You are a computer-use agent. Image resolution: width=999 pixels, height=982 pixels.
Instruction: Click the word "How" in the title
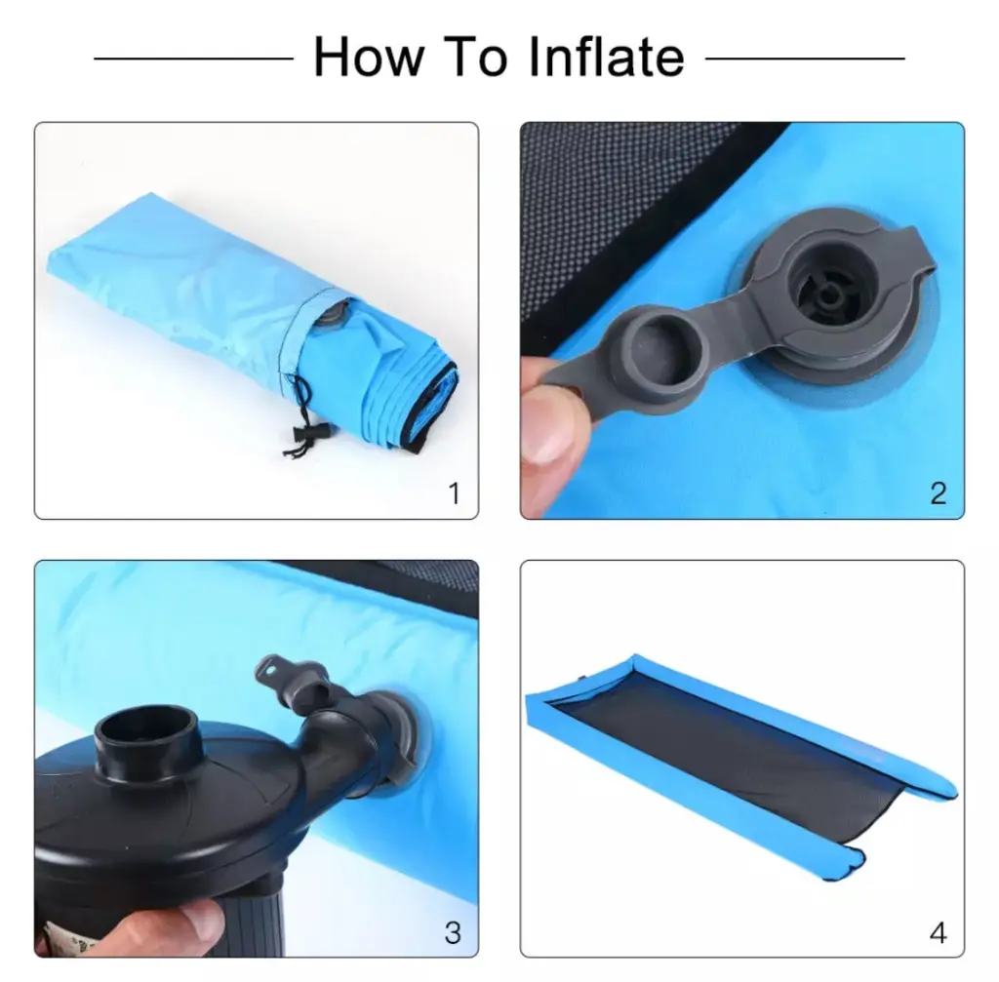pos(369,58)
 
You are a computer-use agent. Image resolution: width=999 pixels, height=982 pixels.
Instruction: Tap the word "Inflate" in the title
pos(607,58)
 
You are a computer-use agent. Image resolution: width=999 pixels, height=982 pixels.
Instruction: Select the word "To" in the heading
pos(476,58)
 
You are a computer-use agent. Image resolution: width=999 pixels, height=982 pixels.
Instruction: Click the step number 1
pos(454,492)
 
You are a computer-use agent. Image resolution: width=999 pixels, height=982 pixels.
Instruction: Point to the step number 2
pos(938,492)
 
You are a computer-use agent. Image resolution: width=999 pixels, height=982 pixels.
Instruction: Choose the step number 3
pos(453,933)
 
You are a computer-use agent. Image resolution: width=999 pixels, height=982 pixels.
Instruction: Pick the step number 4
pos(938,933)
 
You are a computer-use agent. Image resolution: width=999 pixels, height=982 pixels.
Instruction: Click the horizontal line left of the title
pos(194,59)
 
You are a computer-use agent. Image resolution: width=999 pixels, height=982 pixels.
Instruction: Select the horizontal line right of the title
pos(805,59)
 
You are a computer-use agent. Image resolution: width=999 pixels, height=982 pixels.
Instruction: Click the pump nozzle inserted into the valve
pos(347,739)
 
